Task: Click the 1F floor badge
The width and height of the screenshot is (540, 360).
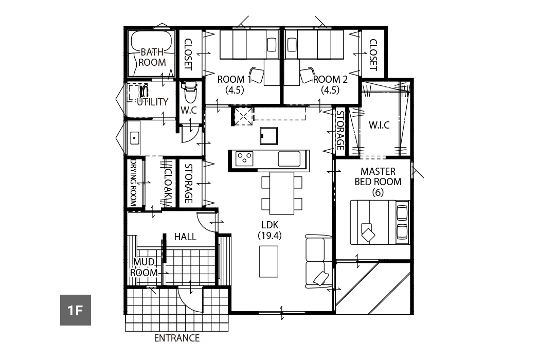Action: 76,310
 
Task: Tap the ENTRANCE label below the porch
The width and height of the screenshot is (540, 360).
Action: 177,338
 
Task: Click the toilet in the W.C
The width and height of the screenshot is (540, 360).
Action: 189,92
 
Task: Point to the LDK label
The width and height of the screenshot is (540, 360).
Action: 269,225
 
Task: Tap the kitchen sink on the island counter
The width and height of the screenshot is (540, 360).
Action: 289,159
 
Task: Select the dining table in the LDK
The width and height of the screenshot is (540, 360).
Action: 282,193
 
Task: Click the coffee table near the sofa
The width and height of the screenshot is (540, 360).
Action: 268,261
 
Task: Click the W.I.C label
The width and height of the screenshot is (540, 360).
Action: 379,125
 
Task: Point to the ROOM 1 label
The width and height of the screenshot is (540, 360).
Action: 235,79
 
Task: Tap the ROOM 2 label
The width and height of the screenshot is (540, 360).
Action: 330,79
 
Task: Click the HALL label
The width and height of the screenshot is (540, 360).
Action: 185,237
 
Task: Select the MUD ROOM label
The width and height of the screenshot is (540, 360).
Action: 143,267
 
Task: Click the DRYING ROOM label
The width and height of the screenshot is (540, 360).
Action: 133,182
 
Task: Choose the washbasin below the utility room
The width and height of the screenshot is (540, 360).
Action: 134,138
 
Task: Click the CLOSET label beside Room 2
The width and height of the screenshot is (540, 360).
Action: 373,55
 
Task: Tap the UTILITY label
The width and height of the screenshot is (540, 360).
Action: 153,102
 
